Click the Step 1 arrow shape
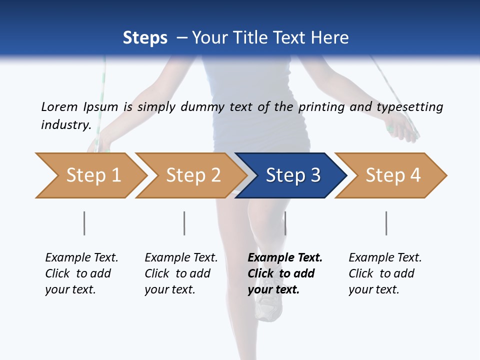pyautogui.click(x=90, y=175)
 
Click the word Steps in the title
pyautogui.click(x=145, y=38)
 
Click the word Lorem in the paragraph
pyautogui.click(x=59, y=107)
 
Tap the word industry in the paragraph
pyautogui.click(x=65, y=125)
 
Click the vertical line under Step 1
pyautogui.click(x=84, y=223)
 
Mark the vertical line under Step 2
pyautogui.click(x=184, y=223)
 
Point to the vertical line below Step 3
pyautogui.click(x=285, y=223)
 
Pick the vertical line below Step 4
pyautogui.click(x=386, y=223)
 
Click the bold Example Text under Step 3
pyautogui.click(x=285, y=258)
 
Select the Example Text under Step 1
pyautogui.click(x=81, y=258)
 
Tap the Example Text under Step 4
pyautogui.click(x=385, y=258)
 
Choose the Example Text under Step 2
pyautogui.click(x=181, y=258)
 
